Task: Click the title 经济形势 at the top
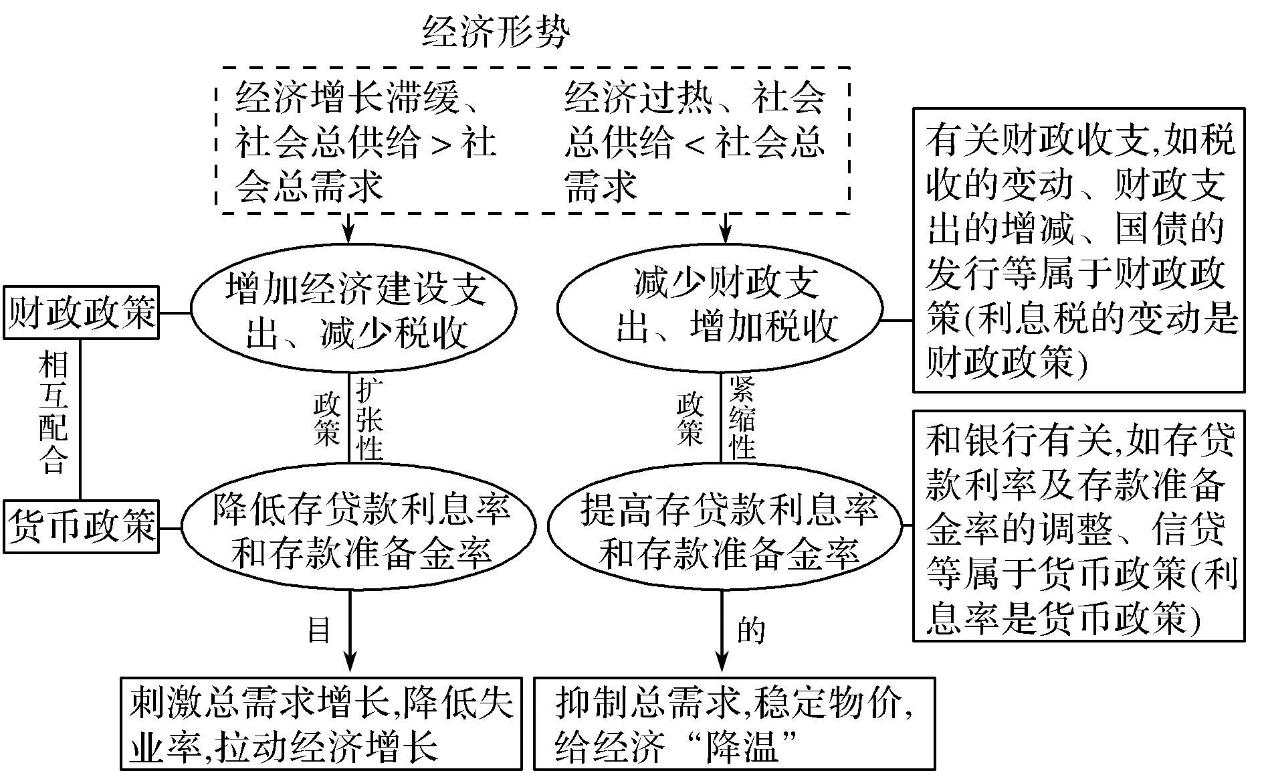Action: (496, 31)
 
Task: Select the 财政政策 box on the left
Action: (82, 313)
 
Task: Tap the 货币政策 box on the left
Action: (82, 526)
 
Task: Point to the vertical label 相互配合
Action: (54, 413)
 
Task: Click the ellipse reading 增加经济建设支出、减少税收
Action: (354, 309)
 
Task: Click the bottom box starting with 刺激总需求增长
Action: (321, 723)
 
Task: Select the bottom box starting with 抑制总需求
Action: (734, 723)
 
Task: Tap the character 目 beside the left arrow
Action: (319, 630)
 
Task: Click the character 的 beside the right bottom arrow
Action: (750, 630)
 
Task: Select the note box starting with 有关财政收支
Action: (1078, 250)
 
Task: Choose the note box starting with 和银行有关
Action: (1078, 526)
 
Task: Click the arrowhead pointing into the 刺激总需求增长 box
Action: (349, 662)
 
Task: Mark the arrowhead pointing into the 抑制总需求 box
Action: (722, 662)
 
